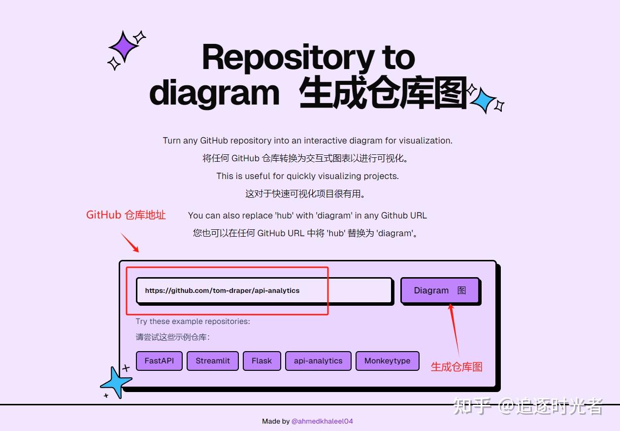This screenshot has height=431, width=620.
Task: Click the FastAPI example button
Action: (159, 360)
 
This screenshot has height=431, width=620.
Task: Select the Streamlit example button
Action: (213, 360)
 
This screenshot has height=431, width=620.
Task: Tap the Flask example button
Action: (261, 360)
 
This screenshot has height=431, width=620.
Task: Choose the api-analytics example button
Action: (318, 360)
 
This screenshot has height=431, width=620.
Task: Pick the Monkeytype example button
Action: (387, 360)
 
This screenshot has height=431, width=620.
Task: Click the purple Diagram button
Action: (439, 290)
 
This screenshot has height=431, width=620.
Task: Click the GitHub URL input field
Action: (264, 290)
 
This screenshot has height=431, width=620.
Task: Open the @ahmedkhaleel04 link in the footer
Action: (322, 421)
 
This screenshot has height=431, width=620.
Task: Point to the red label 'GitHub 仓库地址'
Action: (126, 215)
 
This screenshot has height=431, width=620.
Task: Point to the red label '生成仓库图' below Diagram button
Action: (457, 366)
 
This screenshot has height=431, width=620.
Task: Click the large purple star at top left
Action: (124, 47)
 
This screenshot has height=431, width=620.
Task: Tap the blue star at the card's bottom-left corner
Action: (116, 382)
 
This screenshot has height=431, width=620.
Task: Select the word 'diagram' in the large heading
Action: (214, 92)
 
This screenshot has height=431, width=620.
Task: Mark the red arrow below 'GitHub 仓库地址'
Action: (130, 243)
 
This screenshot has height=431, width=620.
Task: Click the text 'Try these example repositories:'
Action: (193, 322)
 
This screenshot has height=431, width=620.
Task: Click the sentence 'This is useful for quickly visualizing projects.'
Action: (307, 176)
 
